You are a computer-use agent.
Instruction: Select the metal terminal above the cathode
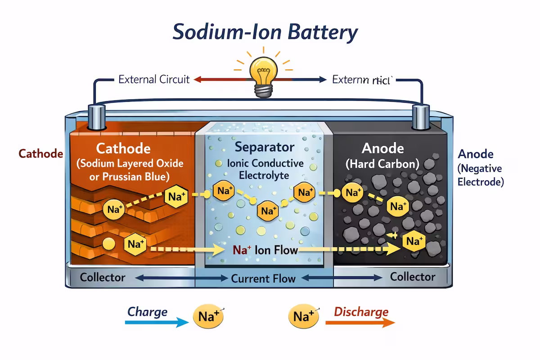coord(97,117)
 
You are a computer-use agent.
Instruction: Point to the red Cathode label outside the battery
coord(40,153)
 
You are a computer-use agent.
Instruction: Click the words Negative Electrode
coord(481,175)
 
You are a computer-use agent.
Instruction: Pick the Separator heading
coord(265,147)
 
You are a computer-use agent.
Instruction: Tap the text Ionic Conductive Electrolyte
coord(265,169)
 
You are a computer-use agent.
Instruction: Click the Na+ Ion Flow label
coord(265,250)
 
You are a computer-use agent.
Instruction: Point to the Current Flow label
coord(263,279)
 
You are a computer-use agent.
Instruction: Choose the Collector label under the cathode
coord(103,277)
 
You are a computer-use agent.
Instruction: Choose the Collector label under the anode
coord(413,276)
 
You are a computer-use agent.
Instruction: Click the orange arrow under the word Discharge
coord(360,322)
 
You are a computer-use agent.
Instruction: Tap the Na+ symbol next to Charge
coord(208,317)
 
